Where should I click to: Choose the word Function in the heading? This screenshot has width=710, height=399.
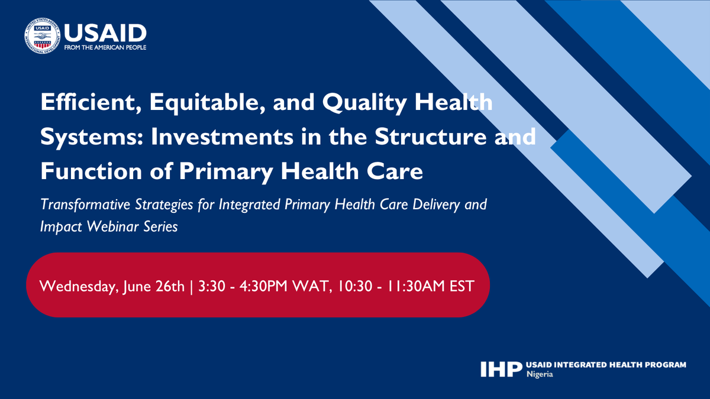pos(89,172)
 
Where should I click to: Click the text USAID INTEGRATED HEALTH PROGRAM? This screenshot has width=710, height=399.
pos(606,365)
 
